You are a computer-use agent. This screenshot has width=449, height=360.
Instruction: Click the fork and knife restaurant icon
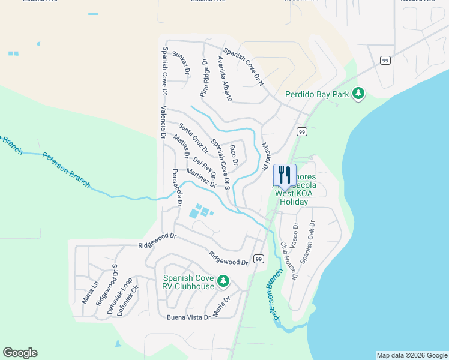(285, 175)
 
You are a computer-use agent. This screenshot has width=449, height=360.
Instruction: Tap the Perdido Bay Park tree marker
(358, 93)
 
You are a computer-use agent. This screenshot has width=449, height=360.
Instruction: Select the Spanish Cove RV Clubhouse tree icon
(223, 280)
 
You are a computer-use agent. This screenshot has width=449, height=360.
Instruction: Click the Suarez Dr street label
(181, 62)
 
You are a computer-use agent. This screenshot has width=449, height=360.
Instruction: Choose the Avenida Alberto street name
(224, 79)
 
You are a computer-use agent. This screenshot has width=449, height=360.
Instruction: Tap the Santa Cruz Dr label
(193, 137)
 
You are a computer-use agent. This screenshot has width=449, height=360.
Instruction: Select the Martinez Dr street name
(201, 178)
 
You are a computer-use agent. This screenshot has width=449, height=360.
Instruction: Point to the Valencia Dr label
(163, 122)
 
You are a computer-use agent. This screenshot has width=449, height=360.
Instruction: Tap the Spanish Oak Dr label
(307, 242)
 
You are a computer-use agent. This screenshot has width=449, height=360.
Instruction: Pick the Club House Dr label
(289, 261)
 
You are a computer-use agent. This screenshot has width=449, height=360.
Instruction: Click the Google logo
(20, 353)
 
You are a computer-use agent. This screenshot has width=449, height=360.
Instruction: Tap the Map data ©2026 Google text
(411, 355)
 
